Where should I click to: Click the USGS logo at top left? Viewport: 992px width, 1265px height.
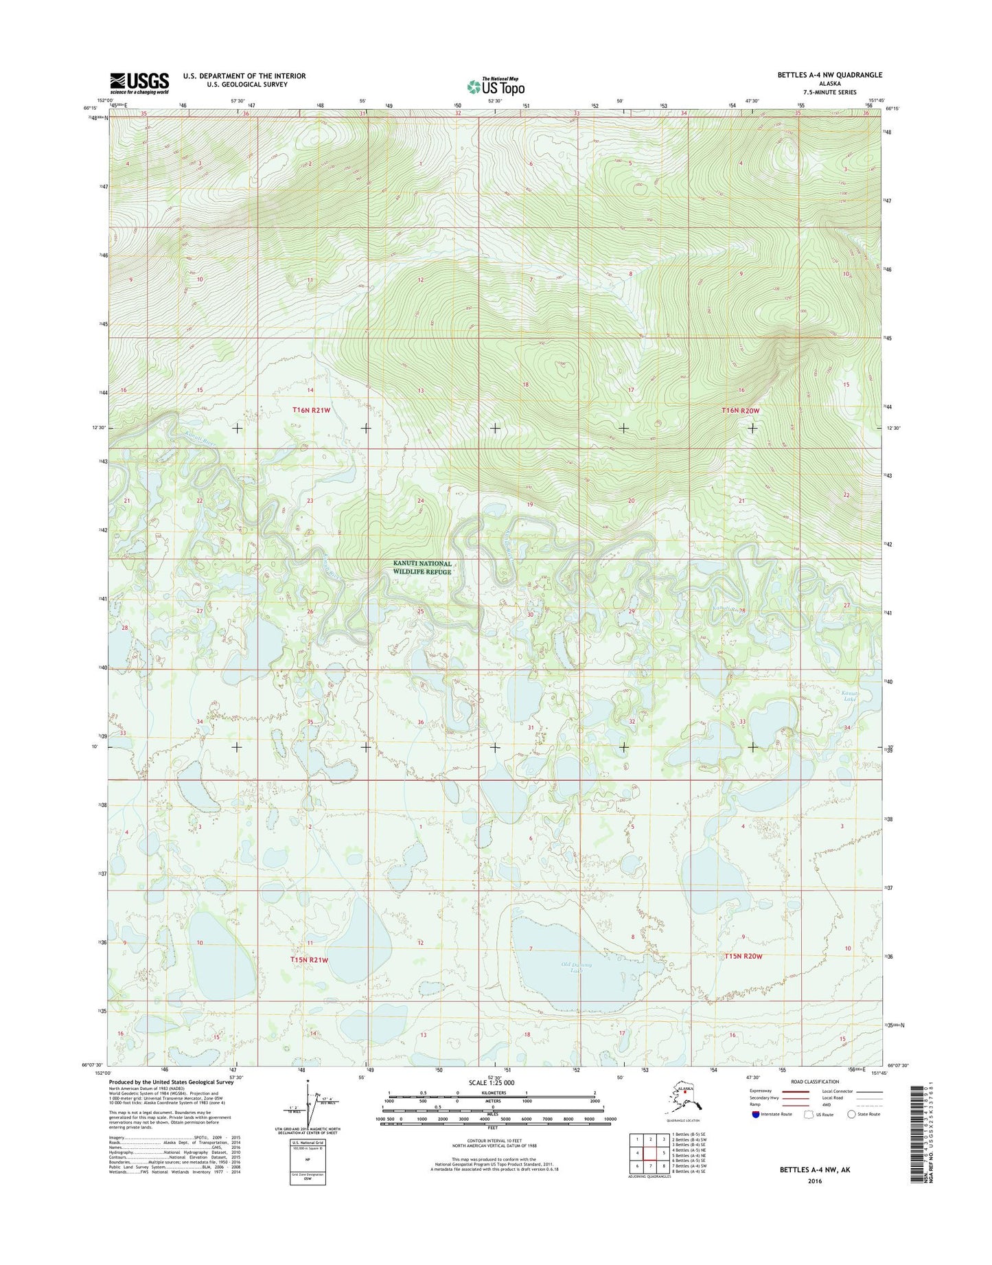tap(139, 83)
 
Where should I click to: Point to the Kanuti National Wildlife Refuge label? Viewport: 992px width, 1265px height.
tap(422, 567)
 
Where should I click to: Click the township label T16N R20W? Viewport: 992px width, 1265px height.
tap(741, 410)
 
